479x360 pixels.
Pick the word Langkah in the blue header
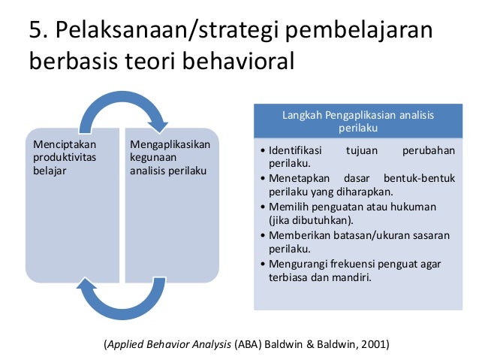[301, 115]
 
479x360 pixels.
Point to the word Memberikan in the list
[300, 234]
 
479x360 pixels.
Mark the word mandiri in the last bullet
[352, 277]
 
